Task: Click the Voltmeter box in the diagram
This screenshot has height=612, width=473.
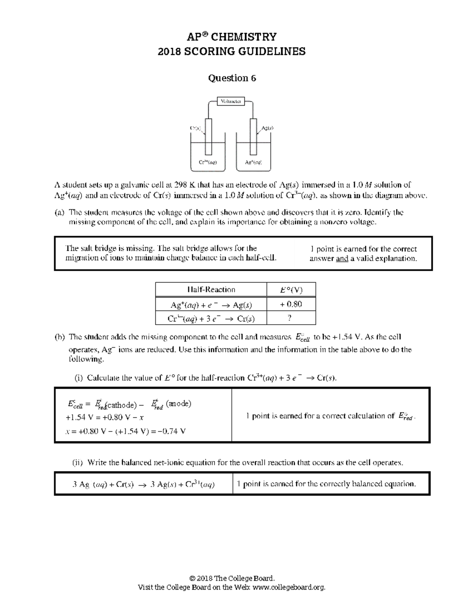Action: click(231, 101)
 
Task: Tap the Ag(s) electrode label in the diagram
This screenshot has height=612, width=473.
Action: click(267, 128)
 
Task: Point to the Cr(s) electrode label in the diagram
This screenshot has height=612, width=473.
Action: click(196, 128)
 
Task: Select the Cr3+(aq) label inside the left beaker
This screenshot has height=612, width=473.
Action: click(208, 162)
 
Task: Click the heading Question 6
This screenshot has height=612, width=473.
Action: click(232, 78)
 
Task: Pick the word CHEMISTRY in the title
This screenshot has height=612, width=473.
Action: click(244, 37)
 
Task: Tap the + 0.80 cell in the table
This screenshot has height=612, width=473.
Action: click(291, 304)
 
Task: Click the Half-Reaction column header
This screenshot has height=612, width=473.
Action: click(211, 290)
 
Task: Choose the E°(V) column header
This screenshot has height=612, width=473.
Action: click(291, 290)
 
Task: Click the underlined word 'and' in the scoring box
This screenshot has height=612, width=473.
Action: click(342, 259)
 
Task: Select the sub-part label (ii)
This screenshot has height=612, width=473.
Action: click(79, 462)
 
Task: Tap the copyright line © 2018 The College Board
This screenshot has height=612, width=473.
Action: click(232, 578)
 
